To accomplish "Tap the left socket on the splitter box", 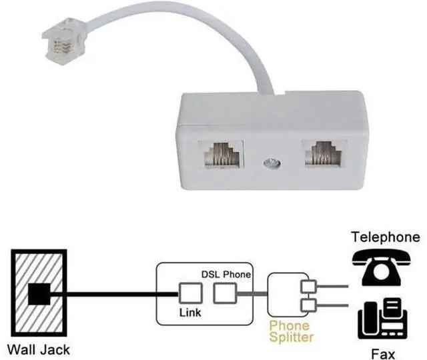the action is (x=221, y=154).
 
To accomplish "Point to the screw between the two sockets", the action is (x=272, y=163).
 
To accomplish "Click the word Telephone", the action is (x=386, y=237).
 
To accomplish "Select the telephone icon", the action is (x=381, y=267).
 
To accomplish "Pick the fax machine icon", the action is (x=382, y=319).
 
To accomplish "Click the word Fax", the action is (x=383, y=354).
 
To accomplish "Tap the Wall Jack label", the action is (x=39, y=349).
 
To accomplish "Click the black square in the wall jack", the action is (x=39, y=294).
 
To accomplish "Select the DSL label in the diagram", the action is (x=210, y=274).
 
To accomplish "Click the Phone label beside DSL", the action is (x=237, y=274).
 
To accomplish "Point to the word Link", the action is (x=190, y=313).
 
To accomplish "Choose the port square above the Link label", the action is (x=191, y=293).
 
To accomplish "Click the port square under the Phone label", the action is (x=225, y=293).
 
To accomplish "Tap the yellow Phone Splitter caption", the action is (x=291, y=331).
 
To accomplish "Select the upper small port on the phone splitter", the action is (x=308, y=287).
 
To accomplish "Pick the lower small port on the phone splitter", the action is (x=308, y=305).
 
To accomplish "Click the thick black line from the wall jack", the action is (x=114, y=294).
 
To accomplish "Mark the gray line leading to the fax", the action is (x=332, y=305).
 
